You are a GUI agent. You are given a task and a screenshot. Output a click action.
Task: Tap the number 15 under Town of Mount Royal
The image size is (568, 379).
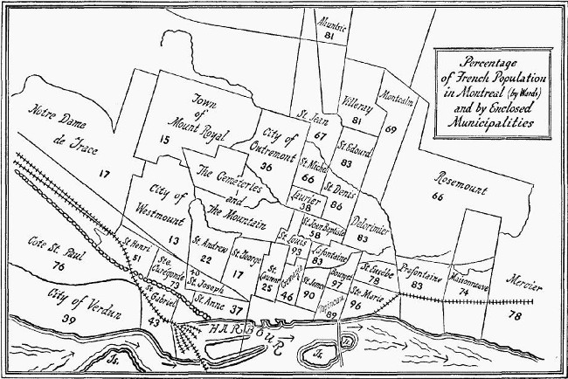pyautogui.click(x=164, y=139)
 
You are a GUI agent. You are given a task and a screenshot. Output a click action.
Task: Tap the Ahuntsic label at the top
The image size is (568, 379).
pyautogui.click(x=327, y=25)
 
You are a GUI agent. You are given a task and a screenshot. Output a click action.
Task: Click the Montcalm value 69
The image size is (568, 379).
pyautogui.click(x=391, y=128)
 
